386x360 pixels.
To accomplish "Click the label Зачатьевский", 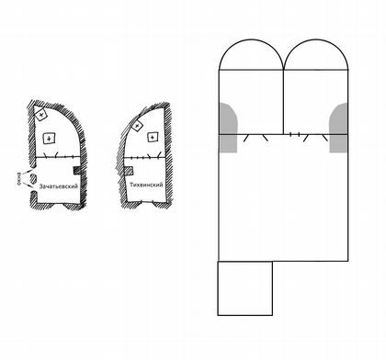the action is click(59, 186).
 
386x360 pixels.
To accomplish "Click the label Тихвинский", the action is click(146, 185).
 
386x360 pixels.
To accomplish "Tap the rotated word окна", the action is click(19, 179).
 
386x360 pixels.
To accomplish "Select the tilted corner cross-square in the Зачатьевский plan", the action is click(40, 115).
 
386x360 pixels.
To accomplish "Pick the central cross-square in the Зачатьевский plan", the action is click(49, 139).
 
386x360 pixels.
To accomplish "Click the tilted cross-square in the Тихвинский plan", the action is click(137, 125).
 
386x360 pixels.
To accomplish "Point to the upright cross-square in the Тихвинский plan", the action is click(153, 137).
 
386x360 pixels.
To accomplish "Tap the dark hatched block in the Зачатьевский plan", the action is click(77, 171).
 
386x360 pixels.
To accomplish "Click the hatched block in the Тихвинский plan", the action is click(129, 171).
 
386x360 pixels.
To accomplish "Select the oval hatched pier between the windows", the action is click(33, 178).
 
